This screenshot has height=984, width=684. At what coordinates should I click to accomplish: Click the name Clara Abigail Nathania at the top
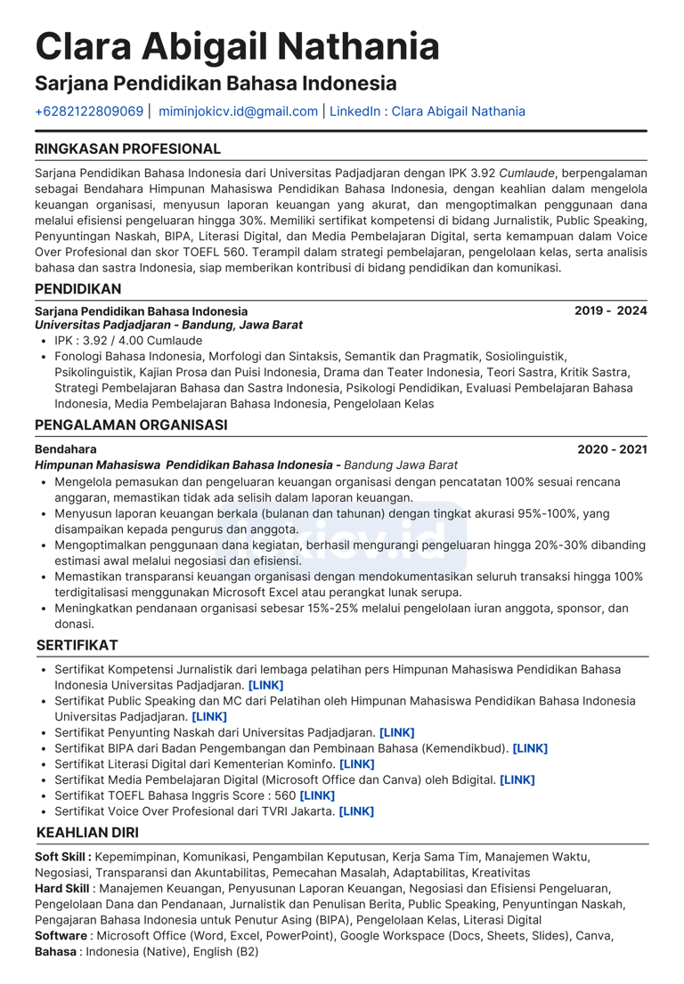237,46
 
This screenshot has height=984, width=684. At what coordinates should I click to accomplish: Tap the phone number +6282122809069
89,111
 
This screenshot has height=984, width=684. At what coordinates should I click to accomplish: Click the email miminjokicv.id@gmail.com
238,111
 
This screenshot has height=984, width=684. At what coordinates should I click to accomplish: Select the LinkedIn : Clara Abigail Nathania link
427,111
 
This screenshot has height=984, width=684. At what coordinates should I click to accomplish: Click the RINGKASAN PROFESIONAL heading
127,149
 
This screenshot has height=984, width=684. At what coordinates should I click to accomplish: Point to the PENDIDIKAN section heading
78,289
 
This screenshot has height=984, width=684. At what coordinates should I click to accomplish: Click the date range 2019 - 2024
610,311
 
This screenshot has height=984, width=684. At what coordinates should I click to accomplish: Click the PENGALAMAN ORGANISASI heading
131,425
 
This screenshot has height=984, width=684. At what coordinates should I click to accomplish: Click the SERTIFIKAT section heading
77,645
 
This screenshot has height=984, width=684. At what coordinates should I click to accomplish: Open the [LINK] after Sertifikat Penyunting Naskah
396,732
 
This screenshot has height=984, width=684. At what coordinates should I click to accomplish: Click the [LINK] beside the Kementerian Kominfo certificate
357,763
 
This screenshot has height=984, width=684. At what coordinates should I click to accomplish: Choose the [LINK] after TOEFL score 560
317,795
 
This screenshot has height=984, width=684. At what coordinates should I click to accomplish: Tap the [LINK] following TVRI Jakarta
356,811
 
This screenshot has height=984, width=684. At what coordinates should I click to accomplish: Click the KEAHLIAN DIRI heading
87,834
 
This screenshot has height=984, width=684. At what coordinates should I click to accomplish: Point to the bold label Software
61,936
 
